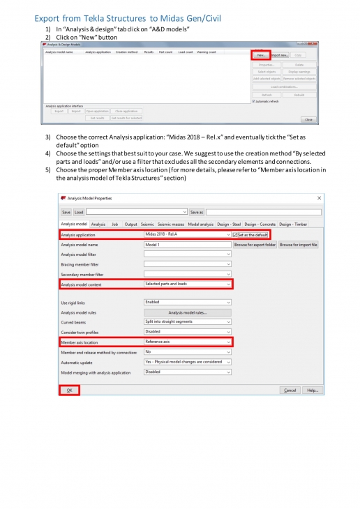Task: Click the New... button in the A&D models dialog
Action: point(260,54)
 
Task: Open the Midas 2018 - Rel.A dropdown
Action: point(187,235)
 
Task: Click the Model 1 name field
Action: point(187,245)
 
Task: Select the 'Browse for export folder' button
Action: point(255,245)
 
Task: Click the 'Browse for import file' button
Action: point(299,245)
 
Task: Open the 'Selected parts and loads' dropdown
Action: point(187,284)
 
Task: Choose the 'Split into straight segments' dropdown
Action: point(187,321)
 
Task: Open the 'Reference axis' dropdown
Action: point(187,342)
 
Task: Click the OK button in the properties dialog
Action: point(69,390)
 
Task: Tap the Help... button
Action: point(312,390)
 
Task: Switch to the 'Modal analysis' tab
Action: point(201,224)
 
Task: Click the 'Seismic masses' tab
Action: point(172,224)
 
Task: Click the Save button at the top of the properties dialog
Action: point(66,212)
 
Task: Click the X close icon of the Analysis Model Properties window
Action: point(320,198)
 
